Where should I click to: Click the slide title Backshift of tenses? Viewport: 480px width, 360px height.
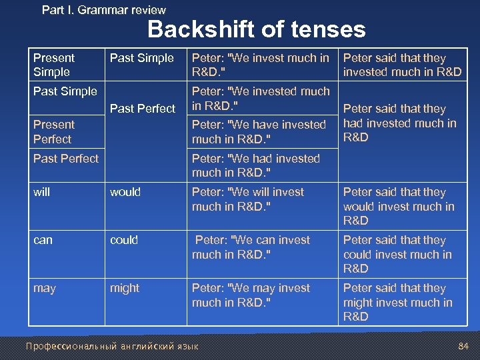[x=256, y=29]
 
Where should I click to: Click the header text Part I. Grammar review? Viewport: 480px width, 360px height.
[x=103, y=9]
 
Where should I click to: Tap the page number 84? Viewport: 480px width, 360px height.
[x=464, y=346]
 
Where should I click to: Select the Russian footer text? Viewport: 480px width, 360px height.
[x=111, y=346]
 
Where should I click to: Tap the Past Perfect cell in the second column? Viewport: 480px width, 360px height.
[x=142, y=108]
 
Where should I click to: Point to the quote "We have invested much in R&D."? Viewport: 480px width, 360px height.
[x=259, y=132]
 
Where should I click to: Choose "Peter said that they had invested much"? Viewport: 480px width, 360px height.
[x=399, y=123]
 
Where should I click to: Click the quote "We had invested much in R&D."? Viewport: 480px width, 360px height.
[x=256, y=165]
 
